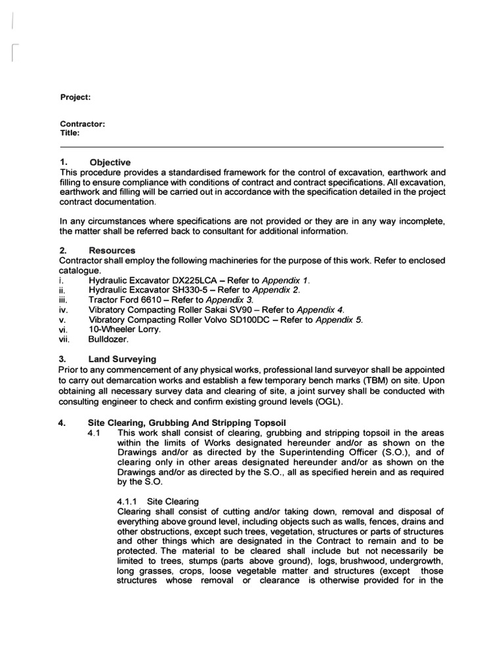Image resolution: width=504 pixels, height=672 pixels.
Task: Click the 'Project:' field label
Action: [x=75, y=97]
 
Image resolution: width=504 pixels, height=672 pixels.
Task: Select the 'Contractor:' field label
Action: [x=83, y=123]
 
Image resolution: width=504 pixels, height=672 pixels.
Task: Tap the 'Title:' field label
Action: [x=70, y=133]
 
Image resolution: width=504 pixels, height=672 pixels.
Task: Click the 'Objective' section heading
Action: [x=110, y=162]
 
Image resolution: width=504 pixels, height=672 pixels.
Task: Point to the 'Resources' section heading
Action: [x=112, y=251]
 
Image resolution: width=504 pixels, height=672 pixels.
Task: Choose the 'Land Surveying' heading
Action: [x=122, y=359]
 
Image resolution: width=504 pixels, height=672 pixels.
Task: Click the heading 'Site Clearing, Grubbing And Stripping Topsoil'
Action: [x=187, y=423]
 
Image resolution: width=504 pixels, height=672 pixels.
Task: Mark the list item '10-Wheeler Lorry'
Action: [x=125, y=329]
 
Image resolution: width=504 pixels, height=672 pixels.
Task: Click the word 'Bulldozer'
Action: [x=110, y=339]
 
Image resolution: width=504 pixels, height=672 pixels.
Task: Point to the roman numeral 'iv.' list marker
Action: [x=64, y=310]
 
